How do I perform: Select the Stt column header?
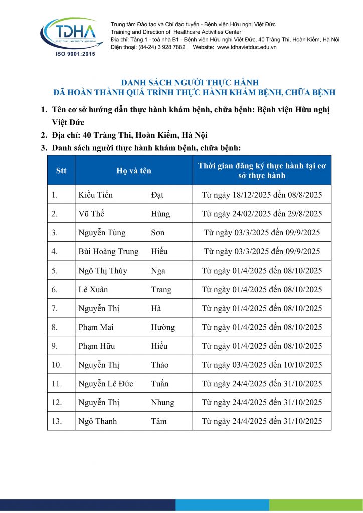[61, 171]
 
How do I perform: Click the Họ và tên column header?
[133, 171]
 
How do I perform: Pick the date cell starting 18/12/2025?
[262, 195]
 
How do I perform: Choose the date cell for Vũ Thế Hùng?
[262, 214]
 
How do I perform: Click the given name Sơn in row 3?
[158, 233]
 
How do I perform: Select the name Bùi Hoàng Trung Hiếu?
[123, 251]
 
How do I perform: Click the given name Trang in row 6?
[161, 290]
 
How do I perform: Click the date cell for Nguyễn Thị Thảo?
[262, 365]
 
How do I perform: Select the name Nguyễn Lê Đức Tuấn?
[123, 384]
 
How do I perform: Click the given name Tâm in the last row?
[159, 421]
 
